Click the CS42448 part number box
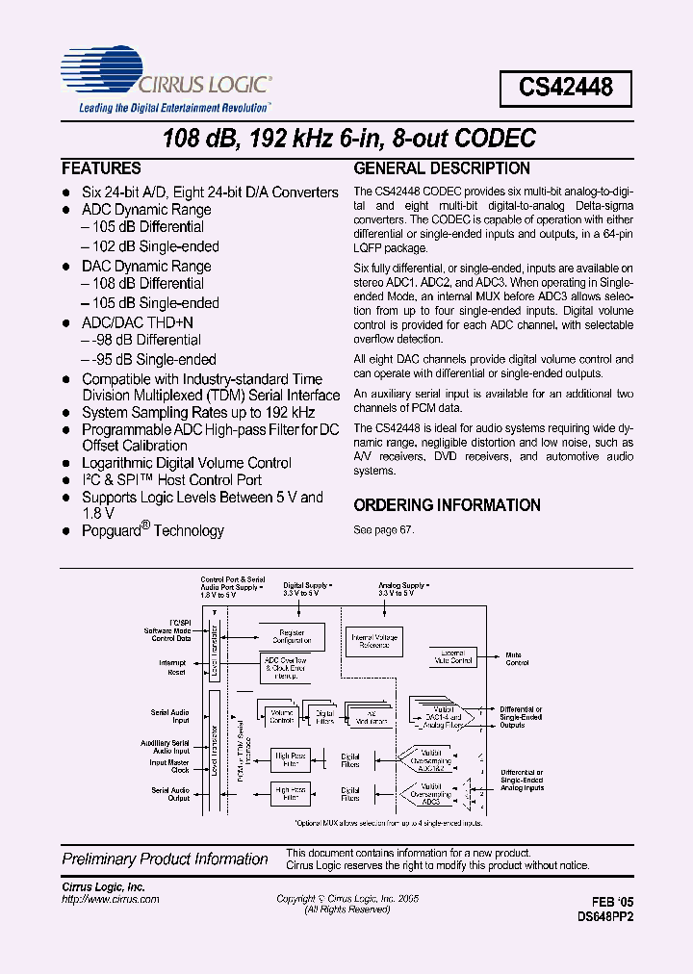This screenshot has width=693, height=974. [x=565, y=89]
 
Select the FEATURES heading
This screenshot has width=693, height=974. [x=101, y=167]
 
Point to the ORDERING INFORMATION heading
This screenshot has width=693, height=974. [x=447, y=505]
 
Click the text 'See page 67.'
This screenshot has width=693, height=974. [x=383, y=530]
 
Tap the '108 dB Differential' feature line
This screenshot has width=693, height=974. [x=142, y=284]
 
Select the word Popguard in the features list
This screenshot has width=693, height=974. [x=113, y=530]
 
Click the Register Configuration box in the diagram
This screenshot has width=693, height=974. [x=290, y=635]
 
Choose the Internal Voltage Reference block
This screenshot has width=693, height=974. [x=374, y=641]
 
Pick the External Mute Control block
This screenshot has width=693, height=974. [x=451, y=657]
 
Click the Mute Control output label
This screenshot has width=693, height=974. [x=517, y=658]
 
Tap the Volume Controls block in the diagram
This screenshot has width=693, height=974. [x=281, y=716]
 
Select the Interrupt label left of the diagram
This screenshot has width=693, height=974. [x=172, y=662]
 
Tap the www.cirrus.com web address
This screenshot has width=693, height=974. [x=110, y=898]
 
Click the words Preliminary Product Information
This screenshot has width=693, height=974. [x=165, y=859]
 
